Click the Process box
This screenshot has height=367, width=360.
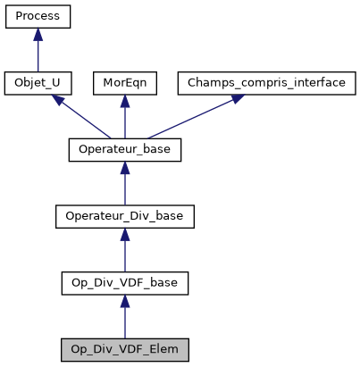pyautogui.click(x=38, y=17)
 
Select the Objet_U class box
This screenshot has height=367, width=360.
pyautogui.click(x=38, y=84)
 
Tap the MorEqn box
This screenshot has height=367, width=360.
pyautogui.click(x=125, y=84)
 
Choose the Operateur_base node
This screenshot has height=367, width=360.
pyautogui.click(x=125, y=150)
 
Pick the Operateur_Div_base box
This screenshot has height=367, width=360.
pyautogui.click(x=125, y=217)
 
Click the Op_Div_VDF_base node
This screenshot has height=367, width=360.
pyautogui.click(x=125, y=283)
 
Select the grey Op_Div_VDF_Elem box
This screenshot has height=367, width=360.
pyautogui.click(x=125, y=350)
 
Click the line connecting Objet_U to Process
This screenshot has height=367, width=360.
pyautogui.click(x=38, y=55)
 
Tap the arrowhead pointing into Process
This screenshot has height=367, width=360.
pyautogui.click(x=38, y=34)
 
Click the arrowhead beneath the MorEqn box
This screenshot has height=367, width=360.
pyautogui.click(x=125, y=101)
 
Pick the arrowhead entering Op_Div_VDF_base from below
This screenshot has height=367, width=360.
pyautogui.click(x=125, y=301)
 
